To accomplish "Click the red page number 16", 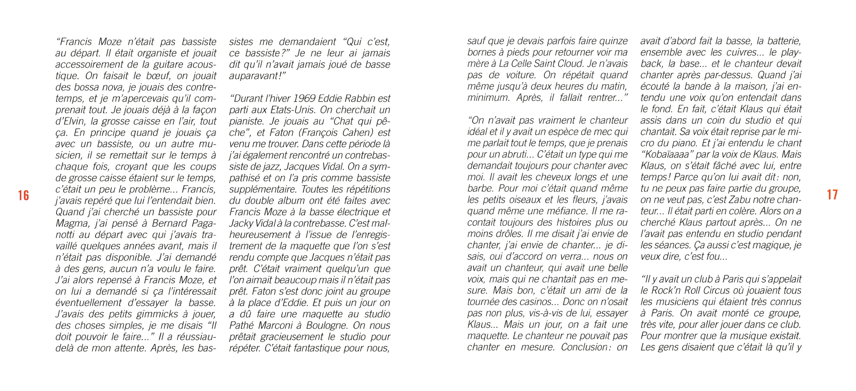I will click(x=23, y=195).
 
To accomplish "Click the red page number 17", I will click(x=832, y=194).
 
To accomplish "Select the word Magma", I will click(x=70, y=223).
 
